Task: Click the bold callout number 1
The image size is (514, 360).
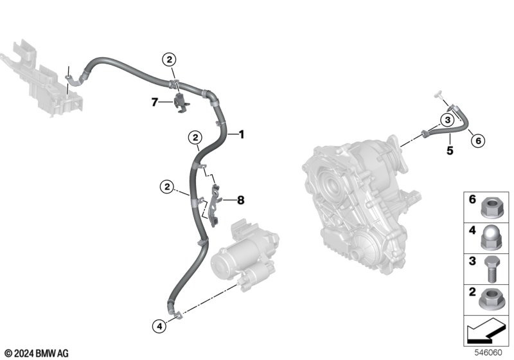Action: [242, 134]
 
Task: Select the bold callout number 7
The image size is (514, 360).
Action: [155, 102]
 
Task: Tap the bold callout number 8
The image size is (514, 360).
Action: [240, 200]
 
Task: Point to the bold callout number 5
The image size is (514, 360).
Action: [450, 150]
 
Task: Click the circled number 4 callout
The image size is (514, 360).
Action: [159, 326]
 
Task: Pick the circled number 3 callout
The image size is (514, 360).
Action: [448, 120]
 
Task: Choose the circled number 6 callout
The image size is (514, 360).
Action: [478, 141]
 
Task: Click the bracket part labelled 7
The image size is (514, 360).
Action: [181, 103]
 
